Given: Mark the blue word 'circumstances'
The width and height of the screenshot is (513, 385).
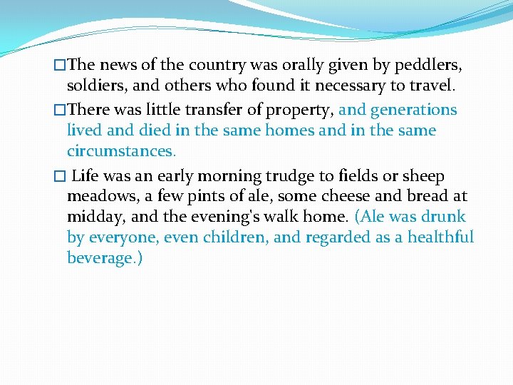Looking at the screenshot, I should (x=119, y=151).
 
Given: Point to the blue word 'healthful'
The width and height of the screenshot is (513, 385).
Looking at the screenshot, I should (x=440, y=237).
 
